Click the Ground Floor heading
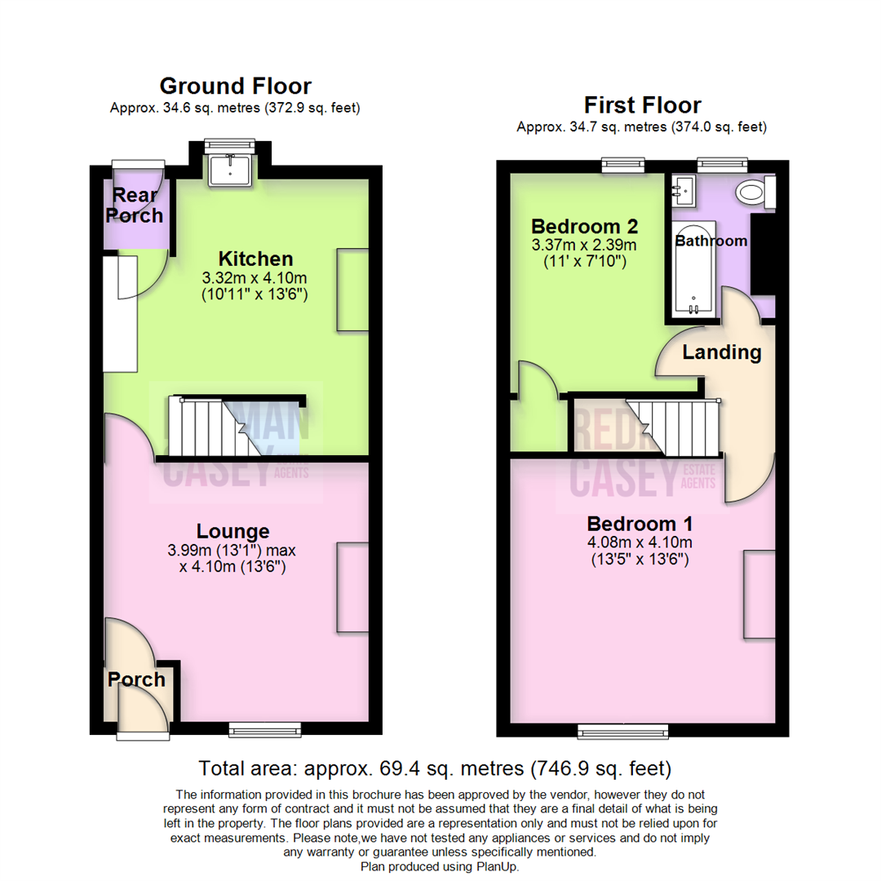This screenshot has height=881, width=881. coord(235,86)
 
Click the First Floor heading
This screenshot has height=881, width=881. coord(642,105)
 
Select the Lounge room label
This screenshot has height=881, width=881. coord(232,531)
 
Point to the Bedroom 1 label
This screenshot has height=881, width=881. coord(640,523)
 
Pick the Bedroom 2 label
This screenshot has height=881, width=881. coord(583,225)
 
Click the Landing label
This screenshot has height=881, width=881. coord(721,352)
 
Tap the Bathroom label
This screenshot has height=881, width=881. coord(711,241)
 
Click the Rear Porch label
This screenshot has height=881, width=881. coord(138,206)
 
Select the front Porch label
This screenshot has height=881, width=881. coord(137,679)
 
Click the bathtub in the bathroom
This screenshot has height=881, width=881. coord(693,269)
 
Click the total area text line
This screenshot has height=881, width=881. coord(435,768)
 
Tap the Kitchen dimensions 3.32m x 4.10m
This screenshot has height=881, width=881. coord(254,278)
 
